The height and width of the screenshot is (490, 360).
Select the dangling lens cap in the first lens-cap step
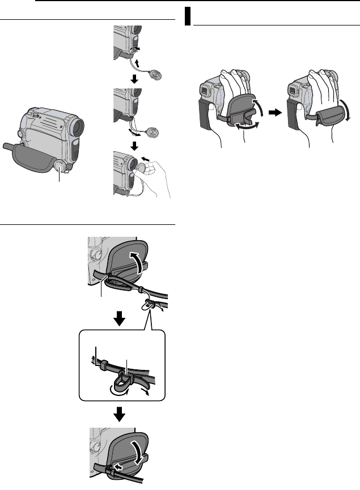(154, 74)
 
